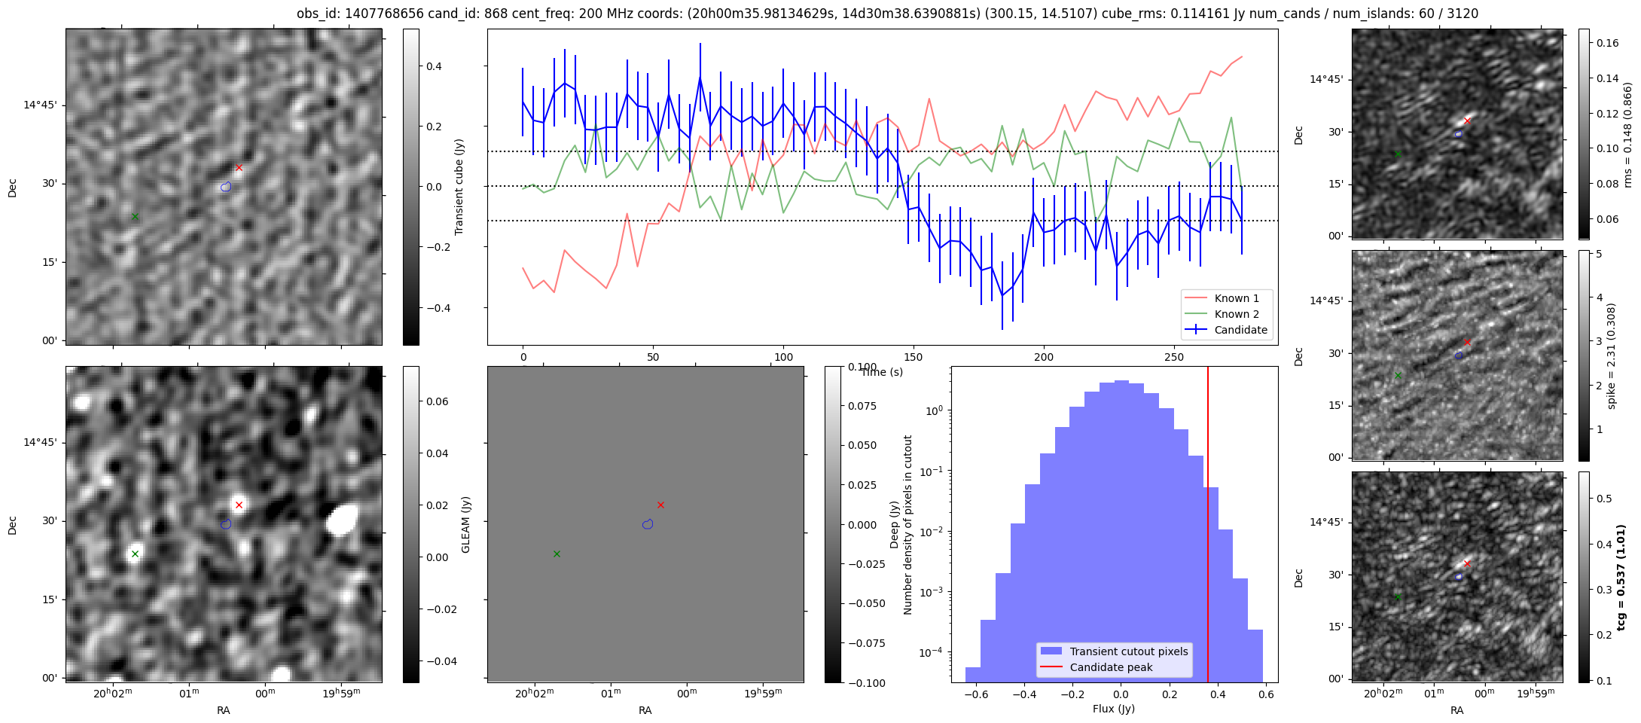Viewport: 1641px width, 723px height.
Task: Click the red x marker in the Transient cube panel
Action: tap(239, 167)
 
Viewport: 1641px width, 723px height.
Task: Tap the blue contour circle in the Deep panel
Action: tap(648, 524)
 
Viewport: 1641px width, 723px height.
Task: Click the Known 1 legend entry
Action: tap(1237, 298)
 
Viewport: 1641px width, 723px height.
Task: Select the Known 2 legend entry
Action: tap(1237, 314)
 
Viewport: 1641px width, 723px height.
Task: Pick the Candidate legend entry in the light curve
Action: tap(1240, 330)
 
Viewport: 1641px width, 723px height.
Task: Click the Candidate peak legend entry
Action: tap(1111, 667)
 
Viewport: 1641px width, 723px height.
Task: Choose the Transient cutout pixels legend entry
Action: tap(1128, 651)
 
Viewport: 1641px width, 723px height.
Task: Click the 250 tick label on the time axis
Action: tap(1174, 357)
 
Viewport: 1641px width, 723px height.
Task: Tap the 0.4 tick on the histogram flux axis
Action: tap(1218, 694)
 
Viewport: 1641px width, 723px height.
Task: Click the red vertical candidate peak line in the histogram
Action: tap(1208, 527)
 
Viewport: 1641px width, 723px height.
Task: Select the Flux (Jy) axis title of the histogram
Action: tap(1114, 709)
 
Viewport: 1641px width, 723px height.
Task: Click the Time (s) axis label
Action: tap(882, 372)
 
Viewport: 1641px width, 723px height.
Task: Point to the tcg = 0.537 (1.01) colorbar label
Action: tap(1621, 577)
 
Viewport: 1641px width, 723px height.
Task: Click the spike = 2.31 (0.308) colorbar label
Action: tap(1612, 356)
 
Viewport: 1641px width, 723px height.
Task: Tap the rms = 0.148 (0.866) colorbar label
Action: tap(1627, 135)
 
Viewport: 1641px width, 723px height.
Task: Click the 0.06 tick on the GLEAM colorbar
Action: tap(437, 401)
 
